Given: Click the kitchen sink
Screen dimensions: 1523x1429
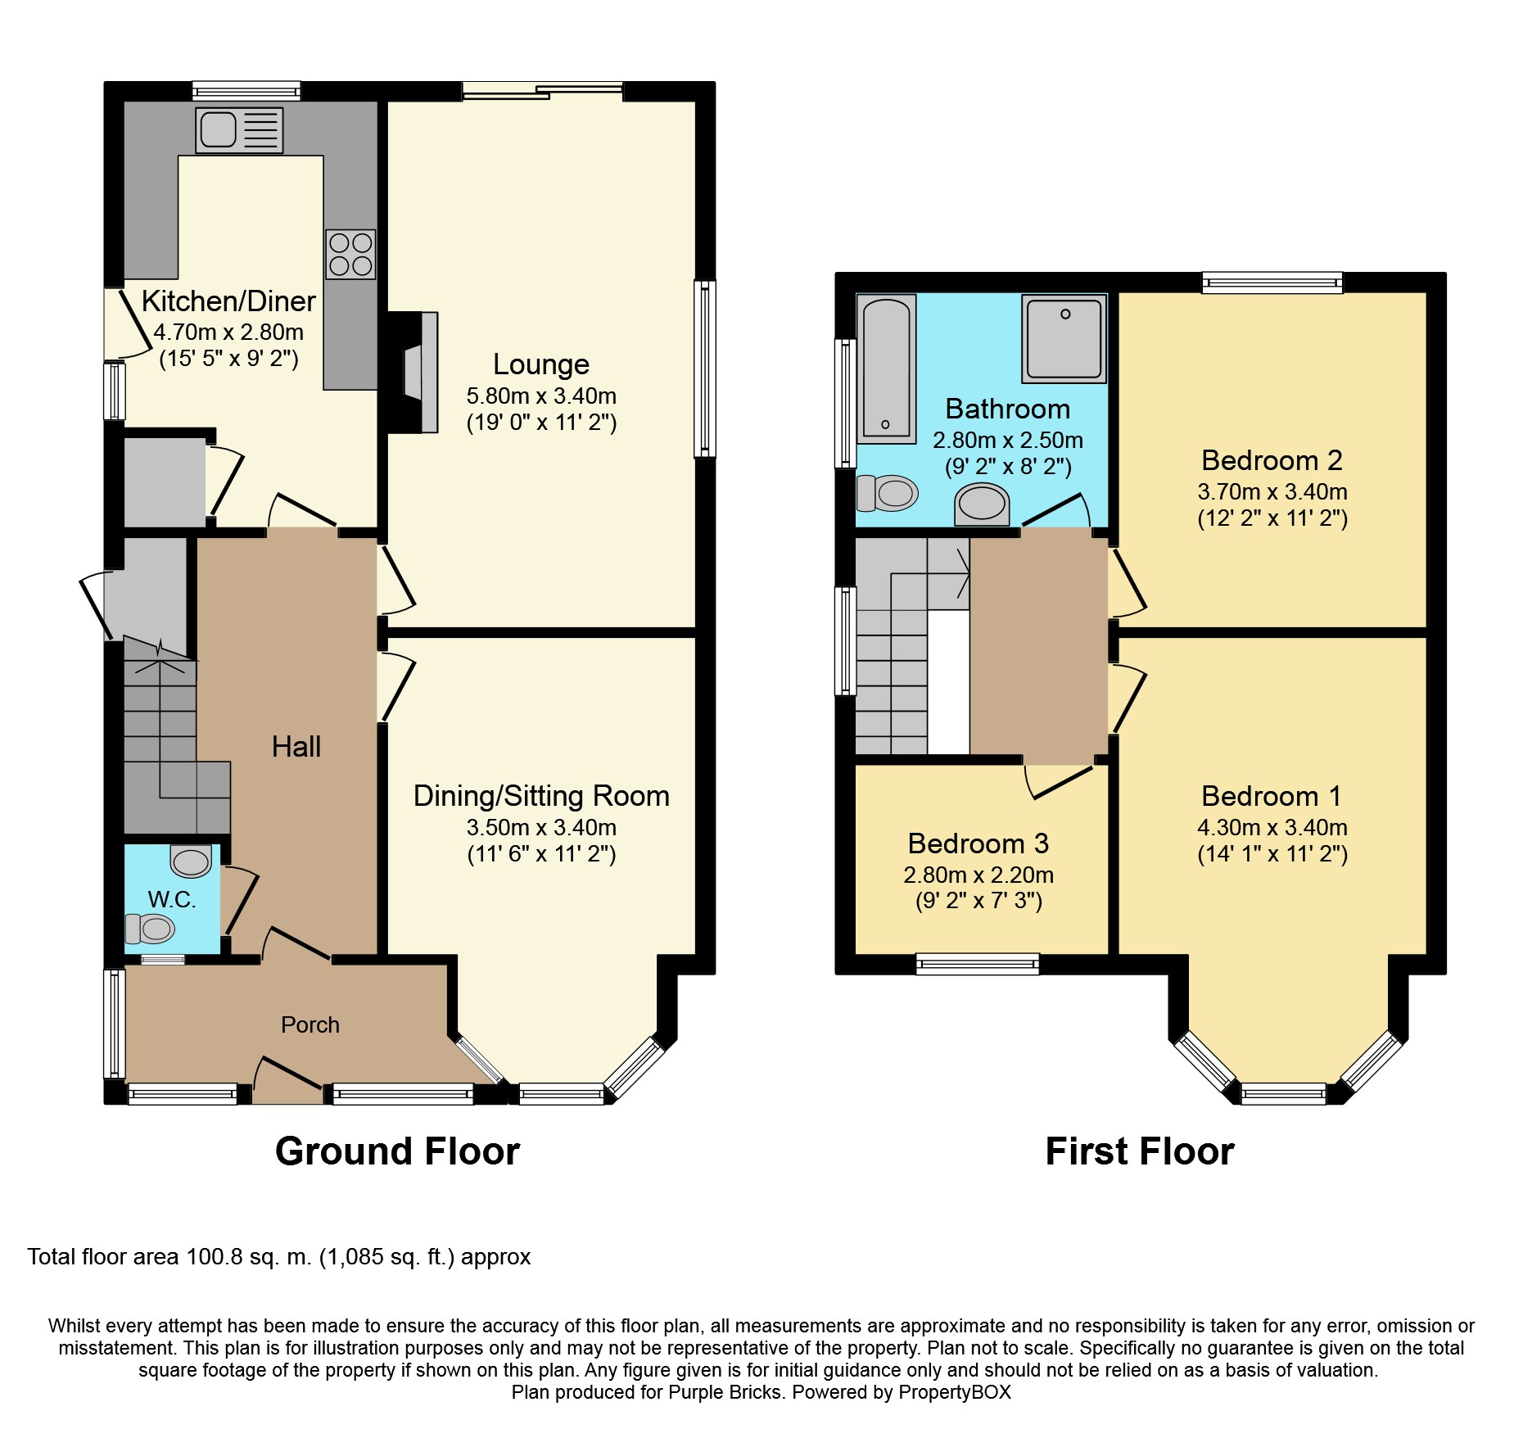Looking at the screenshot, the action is tap(239, 130).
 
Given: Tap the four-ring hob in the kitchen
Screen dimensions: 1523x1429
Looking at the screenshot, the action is tap(350, 254).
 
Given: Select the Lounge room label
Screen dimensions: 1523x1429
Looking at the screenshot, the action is tap(541, 364).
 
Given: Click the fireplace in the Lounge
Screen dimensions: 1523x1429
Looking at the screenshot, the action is tap(413, 372).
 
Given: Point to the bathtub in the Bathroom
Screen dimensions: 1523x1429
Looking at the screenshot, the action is tap(886, 369).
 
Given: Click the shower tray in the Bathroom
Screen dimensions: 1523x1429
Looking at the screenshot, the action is tap(1064, 339).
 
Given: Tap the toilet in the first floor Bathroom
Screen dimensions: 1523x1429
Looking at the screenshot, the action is tap(888, 493).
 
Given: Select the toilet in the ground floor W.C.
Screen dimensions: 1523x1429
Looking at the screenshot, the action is tap(150, 929).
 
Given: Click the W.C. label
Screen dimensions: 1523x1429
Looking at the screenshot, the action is tap(172, 899).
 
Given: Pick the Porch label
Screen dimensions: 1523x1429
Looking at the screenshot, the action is tap(310, 1024).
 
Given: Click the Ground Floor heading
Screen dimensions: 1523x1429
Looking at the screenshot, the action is tap(397, 1151).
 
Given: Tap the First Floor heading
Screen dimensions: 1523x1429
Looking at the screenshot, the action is tap(1140, 1151).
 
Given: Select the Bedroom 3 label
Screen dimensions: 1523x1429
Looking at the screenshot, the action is tap(978, 843).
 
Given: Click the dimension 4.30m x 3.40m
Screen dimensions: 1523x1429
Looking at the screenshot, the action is tap(1272, 827).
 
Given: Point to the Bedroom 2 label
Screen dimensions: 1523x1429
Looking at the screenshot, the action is tap(1272, 460).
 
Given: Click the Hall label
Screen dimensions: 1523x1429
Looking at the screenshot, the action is tap(296, 747).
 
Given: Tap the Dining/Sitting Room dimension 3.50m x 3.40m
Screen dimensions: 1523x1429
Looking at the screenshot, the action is tap(541, 827).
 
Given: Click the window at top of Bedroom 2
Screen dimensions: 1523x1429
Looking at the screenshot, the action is tap(1272, 283).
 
